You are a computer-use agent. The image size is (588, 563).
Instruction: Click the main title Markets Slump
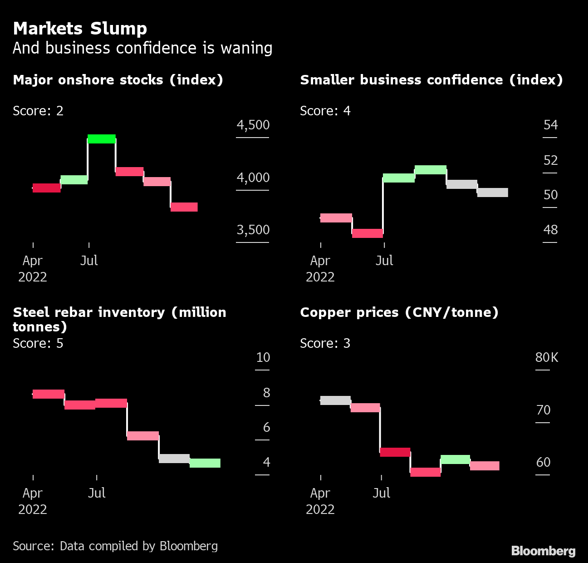[80, 29]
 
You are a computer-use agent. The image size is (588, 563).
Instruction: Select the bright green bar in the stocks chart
[102, 139]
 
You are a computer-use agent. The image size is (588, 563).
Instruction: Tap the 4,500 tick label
[253, 125]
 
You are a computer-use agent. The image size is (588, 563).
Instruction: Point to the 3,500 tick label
[253, 230]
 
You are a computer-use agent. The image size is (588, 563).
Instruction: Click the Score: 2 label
[38, 111]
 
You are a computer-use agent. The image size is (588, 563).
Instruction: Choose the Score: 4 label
[325, 111]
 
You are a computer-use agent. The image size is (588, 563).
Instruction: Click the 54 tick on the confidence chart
[550, 125]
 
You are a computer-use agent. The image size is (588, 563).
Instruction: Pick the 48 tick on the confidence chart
[550, 230]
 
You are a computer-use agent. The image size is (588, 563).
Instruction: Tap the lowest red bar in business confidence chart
[367, 233]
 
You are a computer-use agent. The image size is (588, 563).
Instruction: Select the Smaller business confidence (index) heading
[431, 80]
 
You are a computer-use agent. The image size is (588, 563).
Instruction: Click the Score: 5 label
[38, 343]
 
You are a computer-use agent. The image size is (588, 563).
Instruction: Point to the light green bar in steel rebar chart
[205, 463]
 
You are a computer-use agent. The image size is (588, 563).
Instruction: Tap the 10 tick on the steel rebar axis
[263, 357]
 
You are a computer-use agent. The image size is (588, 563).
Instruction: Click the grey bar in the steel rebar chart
[174, 459]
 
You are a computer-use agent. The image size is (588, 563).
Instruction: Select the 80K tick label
[547, 357]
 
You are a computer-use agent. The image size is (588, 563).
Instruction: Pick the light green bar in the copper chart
[455, 459]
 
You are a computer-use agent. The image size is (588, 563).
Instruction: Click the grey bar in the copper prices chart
[335, 400]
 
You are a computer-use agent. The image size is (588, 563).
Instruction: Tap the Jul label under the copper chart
[381, 493]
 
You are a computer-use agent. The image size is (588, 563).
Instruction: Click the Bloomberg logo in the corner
[543, 551]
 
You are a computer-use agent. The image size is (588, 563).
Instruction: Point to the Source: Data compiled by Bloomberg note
[115, 546]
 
